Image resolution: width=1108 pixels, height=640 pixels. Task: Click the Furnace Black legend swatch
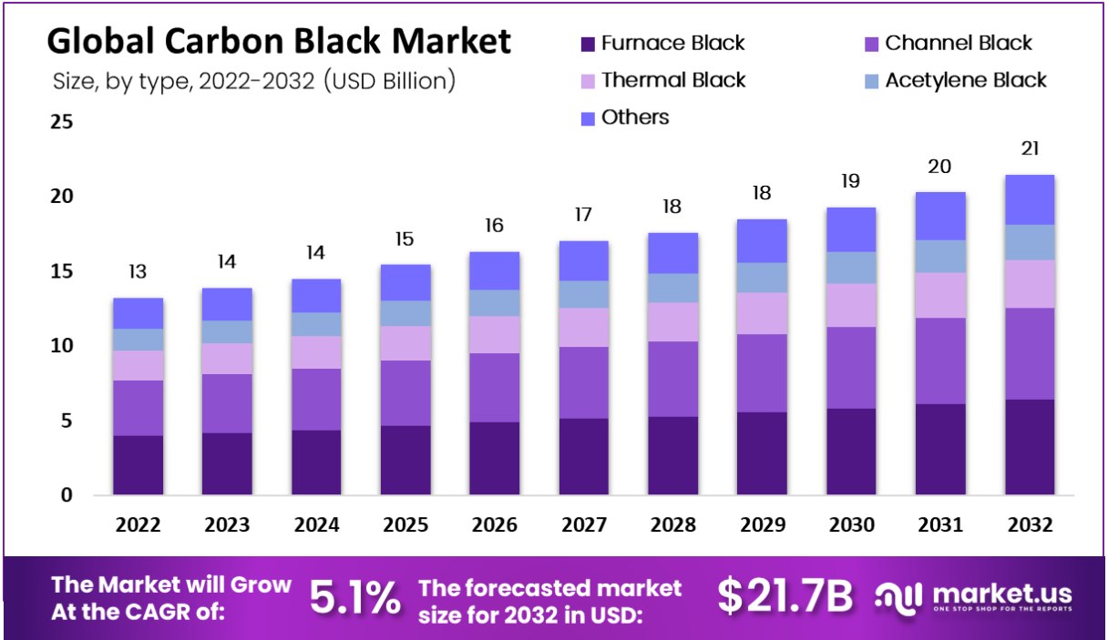click(x=588, y=44)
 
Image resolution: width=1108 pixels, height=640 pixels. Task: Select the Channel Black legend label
click(x=959, y=43)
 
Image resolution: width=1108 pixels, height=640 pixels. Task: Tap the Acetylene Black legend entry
click(x=966, y=80)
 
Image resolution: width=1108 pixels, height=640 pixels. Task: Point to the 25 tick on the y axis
click(x=61, y=122)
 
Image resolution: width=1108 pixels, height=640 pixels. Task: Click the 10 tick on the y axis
click(x=61, y=346)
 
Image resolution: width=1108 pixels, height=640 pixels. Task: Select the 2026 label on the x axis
click(x=495, y=525)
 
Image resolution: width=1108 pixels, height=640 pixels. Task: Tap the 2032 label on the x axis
click(x=1031, y=525)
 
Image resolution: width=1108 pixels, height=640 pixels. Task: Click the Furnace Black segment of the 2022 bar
click(x=138, y=465)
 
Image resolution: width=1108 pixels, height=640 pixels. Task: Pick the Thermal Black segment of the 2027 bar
click(x=584, y=327)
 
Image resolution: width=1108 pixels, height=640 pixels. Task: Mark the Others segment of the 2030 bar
click(x=851, y=229)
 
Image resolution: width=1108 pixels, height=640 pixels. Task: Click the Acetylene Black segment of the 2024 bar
click(x=316, y=324)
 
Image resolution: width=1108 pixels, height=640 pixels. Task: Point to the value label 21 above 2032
click(x=1031, y=148)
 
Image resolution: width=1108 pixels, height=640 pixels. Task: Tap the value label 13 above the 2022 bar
click(x=138, y=271)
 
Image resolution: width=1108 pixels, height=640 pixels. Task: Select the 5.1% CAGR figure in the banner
click(x=354, y=597)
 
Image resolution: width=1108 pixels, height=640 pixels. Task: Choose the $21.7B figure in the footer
click(x=785, y=596)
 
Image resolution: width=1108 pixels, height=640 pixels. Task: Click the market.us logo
click(x=973, y=597)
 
